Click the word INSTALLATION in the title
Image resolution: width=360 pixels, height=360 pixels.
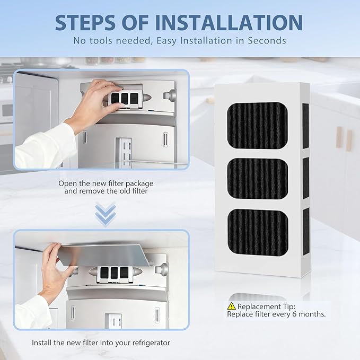point(229,22)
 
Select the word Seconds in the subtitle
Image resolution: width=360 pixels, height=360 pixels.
point(267,41)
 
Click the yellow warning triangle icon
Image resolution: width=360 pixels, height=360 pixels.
point(231,306)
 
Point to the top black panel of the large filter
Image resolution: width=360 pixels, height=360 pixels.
point(257,126)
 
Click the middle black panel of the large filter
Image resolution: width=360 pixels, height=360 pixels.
point(258,178)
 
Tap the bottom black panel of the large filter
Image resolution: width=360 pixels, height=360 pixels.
point(258,232)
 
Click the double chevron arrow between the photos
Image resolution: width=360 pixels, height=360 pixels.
point(106,214)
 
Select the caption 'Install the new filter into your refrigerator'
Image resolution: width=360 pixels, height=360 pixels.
point(101,343)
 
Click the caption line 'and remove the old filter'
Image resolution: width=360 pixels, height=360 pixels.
point(106,191)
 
